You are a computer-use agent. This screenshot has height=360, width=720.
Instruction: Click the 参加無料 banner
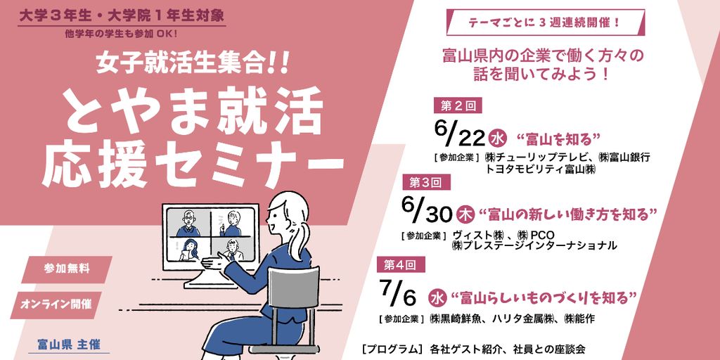point(67,269)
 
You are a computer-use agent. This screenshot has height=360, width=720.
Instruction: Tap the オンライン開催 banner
point(56,304)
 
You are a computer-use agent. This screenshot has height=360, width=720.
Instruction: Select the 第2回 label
point(457,106)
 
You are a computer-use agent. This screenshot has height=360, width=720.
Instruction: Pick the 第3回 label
point(426,183)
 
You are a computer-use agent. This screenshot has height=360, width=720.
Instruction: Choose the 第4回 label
point(401,264)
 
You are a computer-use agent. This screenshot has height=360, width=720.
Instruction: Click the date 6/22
point(459,134)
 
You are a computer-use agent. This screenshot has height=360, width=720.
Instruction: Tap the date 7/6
point(398,293)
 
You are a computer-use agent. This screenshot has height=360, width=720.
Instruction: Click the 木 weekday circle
point(466,214)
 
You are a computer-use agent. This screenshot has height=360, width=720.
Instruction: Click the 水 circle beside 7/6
point(436,297)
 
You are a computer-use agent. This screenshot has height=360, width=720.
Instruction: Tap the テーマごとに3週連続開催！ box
point(546,22)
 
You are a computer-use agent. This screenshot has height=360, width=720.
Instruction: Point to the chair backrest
point(293,287)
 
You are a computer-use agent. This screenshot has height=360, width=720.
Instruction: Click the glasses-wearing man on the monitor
point(188,224)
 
